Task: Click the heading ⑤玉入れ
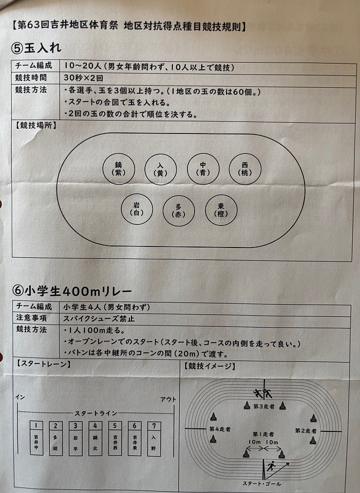[36, 48]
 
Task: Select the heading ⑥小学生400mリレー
[72, 291]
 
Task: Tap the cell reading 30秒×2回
[83, 78]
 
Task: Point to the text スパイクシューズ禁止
[99, 318]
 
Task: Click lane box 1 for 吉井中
[36, 438]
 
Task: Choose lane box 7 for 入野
[154, 439]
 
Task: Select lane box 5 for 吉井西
[115, 439]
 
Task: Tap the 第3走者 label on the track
[264, 407]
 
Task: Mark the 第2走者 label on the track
[306, 430]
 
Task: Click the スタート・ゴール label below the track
[261, 484]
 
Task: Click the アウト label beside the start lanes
[168, 400]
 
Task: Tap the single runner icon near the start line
[271, 466]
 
